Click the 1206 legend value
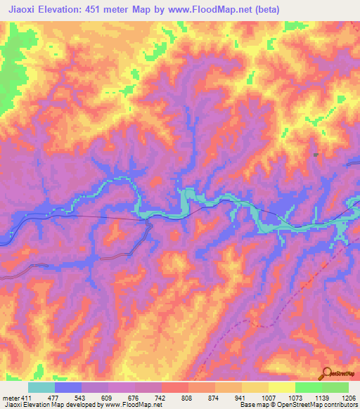(x=349, y=397)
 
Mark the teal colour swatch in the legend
(x=41, y=387)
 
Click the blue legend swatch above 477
(x=68, y=387)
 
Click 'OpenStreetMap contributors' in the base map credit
(x=315, y=405)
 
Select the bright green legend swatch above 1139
(x=309, y=387)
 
